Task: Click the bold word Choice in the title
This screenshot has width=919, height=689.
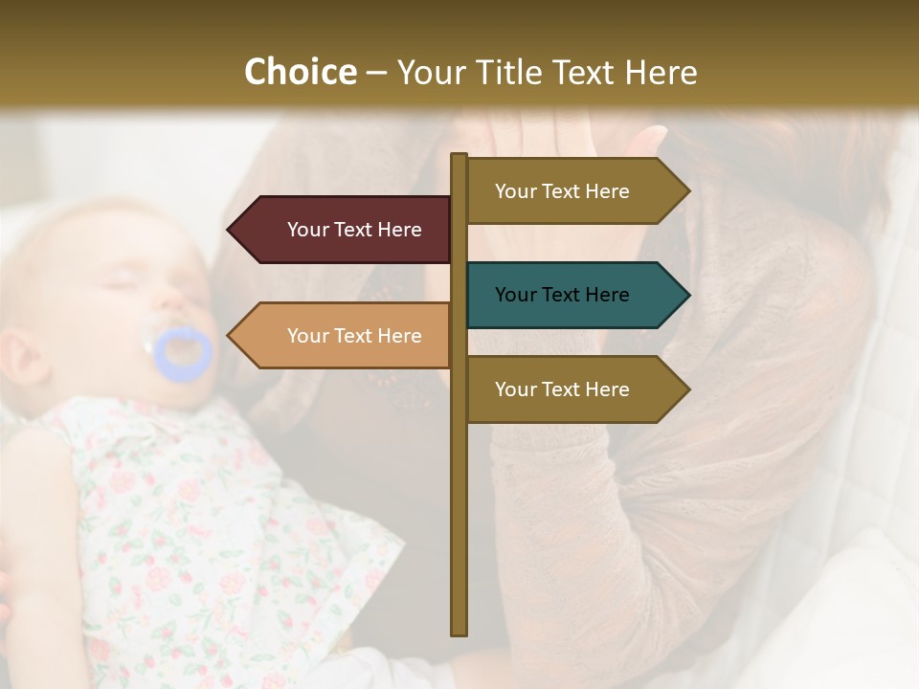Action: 300,73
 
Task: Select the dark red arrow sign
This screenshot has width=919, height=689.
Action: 345,230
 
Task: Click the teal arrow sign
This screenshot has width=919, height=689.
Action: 574,295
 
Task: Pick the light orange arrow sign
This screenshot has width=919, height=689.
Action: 345,336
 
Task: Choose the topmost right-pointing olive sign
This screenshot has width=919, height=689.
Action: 574,191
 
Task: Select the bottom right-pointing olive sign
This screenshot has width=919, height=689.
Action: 574,389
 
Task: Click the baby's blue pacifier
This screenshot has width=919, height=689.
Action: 183,352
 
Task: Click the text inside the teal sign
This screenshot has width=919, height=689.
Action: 562,295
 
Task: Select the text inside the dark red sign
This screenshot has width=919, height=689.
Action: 354,230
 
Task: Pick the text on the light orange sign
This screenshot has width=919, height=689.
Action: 354,336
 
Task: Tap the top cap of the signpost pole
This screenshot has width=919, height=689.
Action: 459,156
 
